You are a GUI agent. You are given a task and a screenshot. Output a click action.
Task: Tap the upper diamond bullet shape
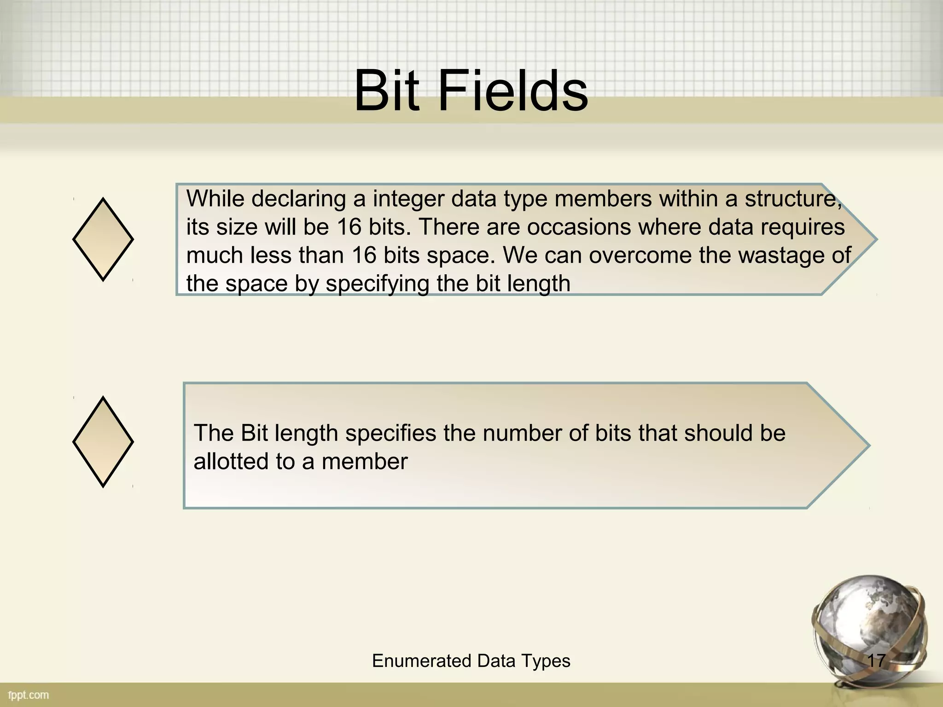[103, 239]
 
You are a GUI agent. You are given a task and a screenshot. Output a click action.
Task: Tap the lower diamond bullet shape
[103, 442]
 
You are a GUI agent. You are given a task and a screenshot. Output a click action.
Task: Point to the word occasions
[578, 227]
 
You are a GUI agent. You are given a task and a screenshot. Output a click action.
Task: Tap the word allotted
[231, 461]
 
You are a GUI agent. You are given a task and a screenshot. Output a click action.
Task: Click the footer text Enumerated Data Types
[471, 661]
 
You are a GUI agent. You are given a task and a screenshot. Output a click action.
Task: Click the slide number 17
[876, 661]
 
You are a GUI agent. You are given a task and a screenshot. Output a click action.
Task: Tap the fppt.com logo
[29, 695]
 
